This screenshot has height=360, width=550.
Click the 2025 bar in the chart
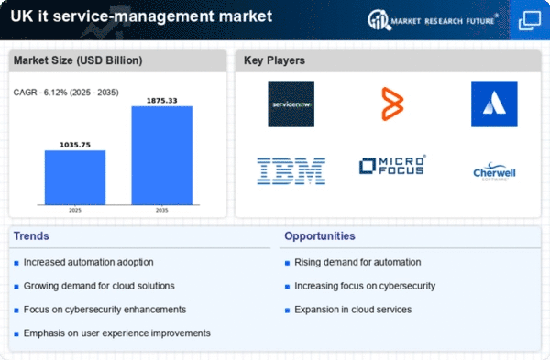pyautogui.click(x=75, y=178)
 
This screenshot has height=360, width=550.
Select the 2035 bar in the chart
pyautogui.click(x=162, y=156)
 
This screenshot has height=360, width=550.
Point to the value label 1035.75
pyautogui.click(x=75, y=145)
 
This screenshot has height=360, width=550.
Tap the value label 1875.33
pyautogui.click(x=162, y=101)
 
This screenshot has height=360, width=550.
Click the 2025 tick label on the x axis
pyautogui.click(x=75, y=210)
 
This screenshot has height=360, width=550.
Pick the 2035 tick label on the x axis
pyautogui.click(x=161, y=210)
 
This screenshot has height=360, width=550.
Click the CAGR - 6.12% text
pyautogui.click(x=40, y=93)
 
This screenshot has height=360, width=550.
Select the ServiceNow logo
pyautogui.click(x=291, y=104)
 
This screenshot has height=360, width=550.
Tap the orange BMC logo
pyautogui.click(x=392, y=104)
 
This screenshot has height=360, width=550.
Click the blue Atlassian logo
pyautogui.click(x=494, y=104)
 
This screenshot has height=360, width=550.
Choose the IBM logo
pyautogui.click(x=291, y=171)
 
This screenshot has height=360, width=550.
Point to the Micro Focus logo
pyautogui.click(x=392, y=165)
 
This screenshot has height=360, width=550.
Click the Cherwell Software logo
pyautogui.click(x=494, y=171)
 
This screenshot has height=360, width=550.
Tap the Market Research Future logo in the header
pyautogui.click(x=433, y=20)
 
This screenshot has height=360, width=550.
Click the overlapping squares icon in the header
pyautogui.click(x=530, y=21)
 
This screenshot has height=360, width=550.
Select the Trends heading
pyautogui.click(x=31, y=236)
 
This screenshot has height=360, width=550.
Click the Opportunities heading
pyautogui.click(x=320, y=236)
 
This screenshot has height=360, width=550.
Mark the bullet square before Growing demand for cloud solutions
pyautogui.click(x=16, y=287)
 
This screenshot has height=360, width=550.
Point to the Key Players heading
pyautogui.click(x=274, y=60)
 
